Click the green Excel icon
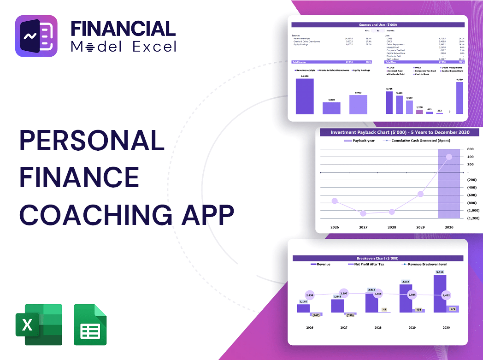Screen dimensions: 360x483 point(39,325)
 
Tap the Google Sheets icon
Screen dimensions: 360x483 point(90,325)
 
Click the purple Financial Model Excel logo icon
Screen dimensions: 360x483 point(36,36)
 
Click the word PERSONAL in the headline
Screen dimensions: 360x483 point(92,141)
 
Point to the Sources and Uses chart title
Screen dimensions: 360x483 point(378,25)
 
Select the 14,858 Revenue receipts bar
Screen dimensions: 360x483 point(305,96)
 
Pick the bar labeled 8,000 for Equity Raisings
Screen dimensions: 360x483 point(358,105)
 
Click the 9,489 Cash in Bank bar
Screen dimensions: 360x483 point(459,98)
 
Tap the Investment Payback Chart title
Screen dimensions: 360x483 point(400,133)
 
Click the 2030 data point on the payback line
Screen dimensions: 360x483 point(449,157)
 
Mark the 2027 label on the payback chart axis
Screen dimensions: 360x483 point(363,227)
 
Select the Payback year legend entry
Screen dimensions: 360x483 point(362,141)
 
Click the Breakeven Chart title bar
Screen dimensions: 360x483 point(377,258)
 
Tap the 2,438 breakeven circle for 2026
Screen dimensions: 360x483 point(310,295)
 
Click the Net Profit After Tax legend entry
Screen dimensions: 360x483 point(369,265)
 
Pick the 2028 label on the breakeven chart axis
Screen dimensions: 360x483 point(377,328)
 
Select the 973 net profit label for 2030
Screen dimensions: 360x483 point(452,309)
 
